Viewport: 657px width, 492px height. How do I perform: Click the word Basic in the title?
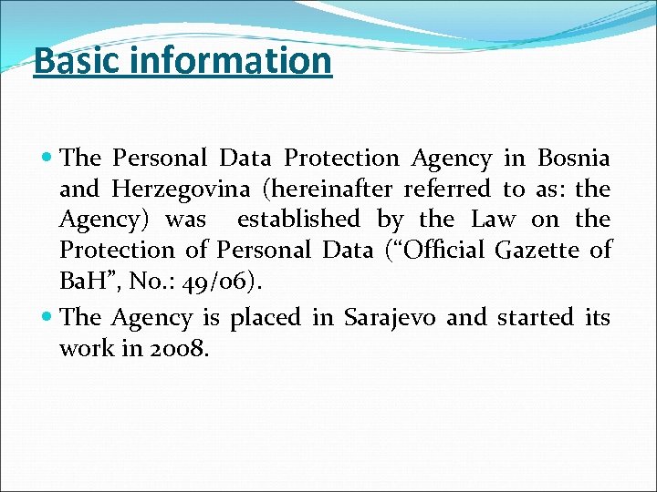point(71,61)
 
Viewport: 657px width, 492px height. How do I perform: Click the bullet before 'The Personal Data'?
point(47,159)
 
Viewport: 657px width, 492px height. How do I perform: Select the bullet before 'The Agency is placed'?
point(47,317)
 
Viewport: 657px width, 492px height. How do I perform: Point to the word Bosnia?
point(574,159)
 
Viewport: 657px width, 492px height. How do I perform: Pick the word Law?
point(494,219)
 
